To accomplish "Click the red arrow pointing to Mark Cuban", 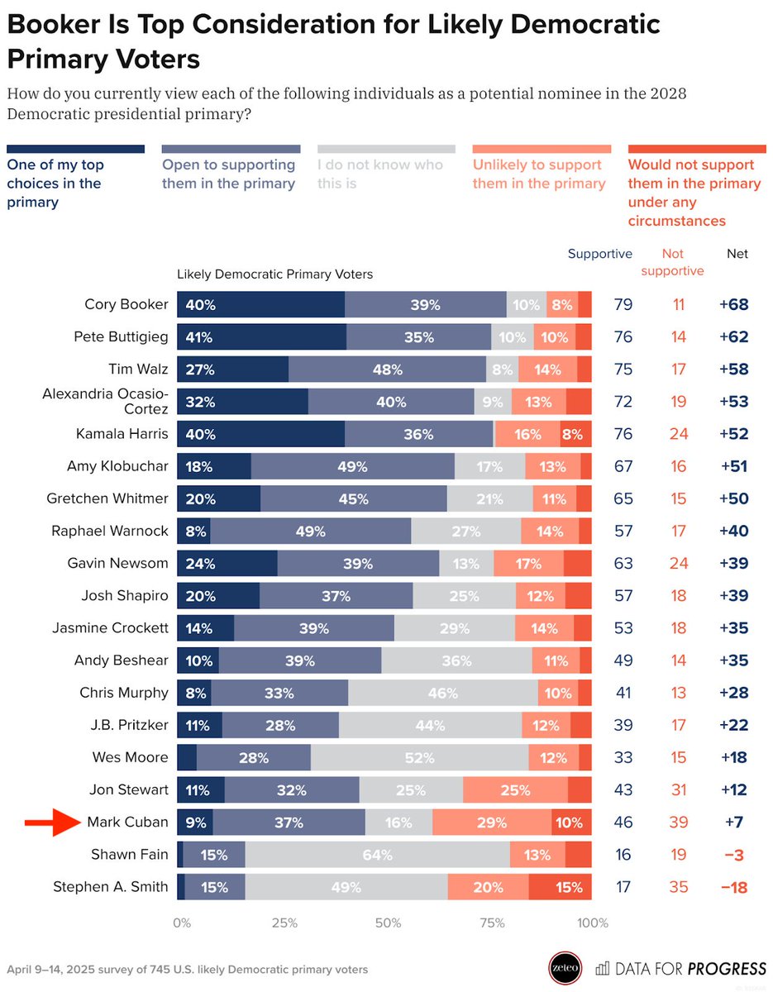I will click(x=50, y=823).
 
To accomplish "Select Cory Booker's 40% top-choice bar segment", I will click(x=260, y=304).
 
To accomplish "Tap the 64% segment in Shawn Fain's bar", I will click(x=377, y=855).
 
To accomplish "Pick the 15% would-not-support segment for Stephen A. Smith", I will click(x=560, y=888).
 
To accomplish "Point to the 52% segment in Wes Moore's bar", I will click(x=419, y=757).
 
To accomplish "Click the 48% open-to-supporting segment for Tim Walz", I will click(x=388, y=369).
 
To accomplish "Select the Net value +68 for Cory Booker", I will click(x=732, y=304).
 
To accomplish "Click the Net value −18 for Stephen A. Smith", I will click(x=732, y=888).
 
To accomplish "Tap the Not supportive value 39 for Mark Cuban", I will click(x=678, y=823).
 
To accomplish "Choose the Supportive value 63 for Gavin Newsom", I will click(x=623, y=564).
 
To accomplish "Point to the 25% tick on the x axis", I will click(x=284, y=923).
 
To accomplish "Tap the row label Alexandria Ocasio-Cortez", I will click(x=105, y=402).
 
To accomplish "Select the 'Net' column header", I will click(x=737, y=254).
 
